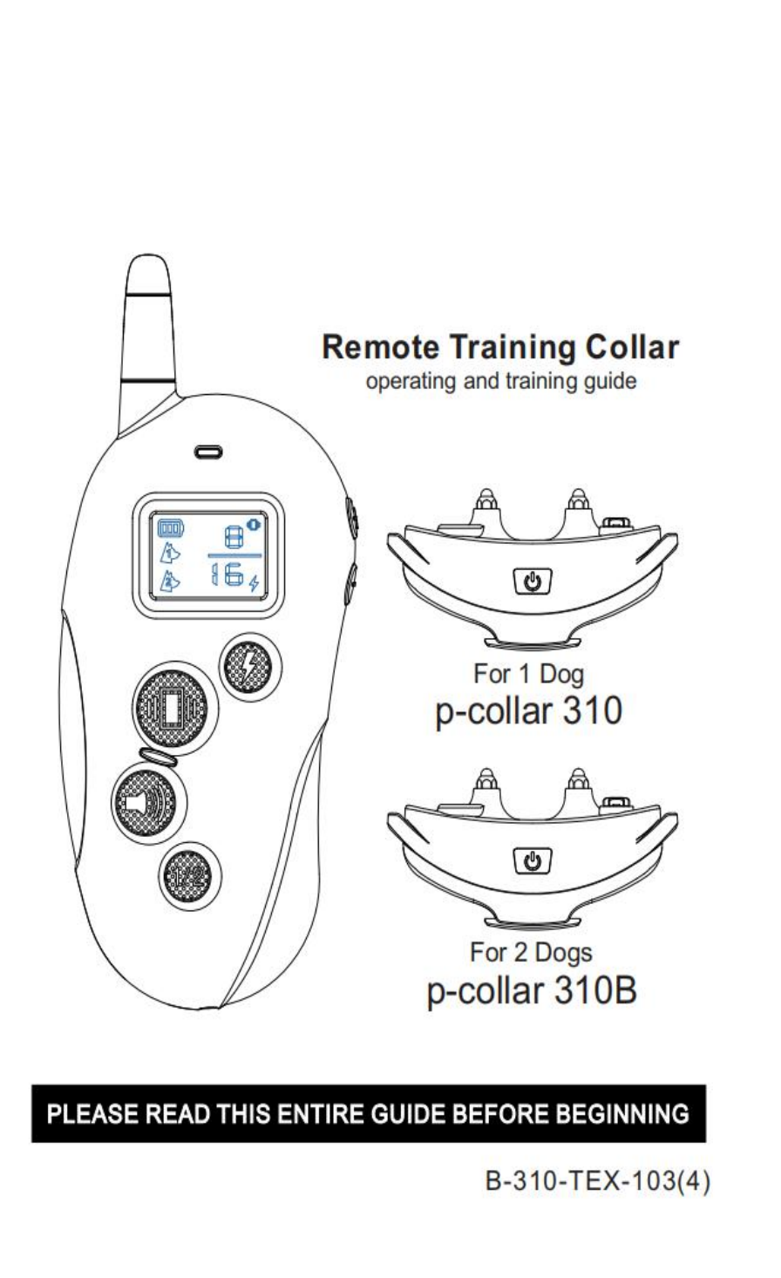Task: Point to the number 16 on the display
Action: click(228, 577)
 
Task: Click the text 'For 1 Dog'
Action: click(529, 673)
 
